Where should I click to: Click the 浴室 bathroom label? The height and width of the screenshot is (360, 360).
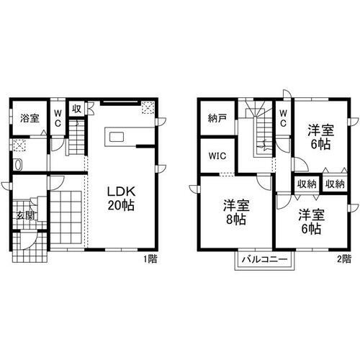pos(29,118)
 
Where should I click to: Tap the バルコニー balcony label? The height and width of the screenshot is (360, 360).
pos(264,259)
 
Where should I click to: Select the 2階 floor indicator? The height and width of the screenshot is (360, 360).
pos(343,258)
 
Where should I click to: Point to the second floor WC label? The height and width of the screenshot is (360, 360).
pos(283,118)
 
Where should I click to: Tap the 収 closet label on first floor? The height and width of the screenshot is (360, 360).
pos(76,109)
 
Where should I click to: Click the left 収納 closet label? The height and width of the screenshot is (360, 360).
pos(307,184)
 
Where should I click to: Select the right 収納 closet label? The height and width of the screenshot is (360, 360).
pos(334,184)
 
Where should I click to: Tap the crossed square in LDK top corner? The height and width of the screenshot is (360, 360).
pos(148,108)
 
